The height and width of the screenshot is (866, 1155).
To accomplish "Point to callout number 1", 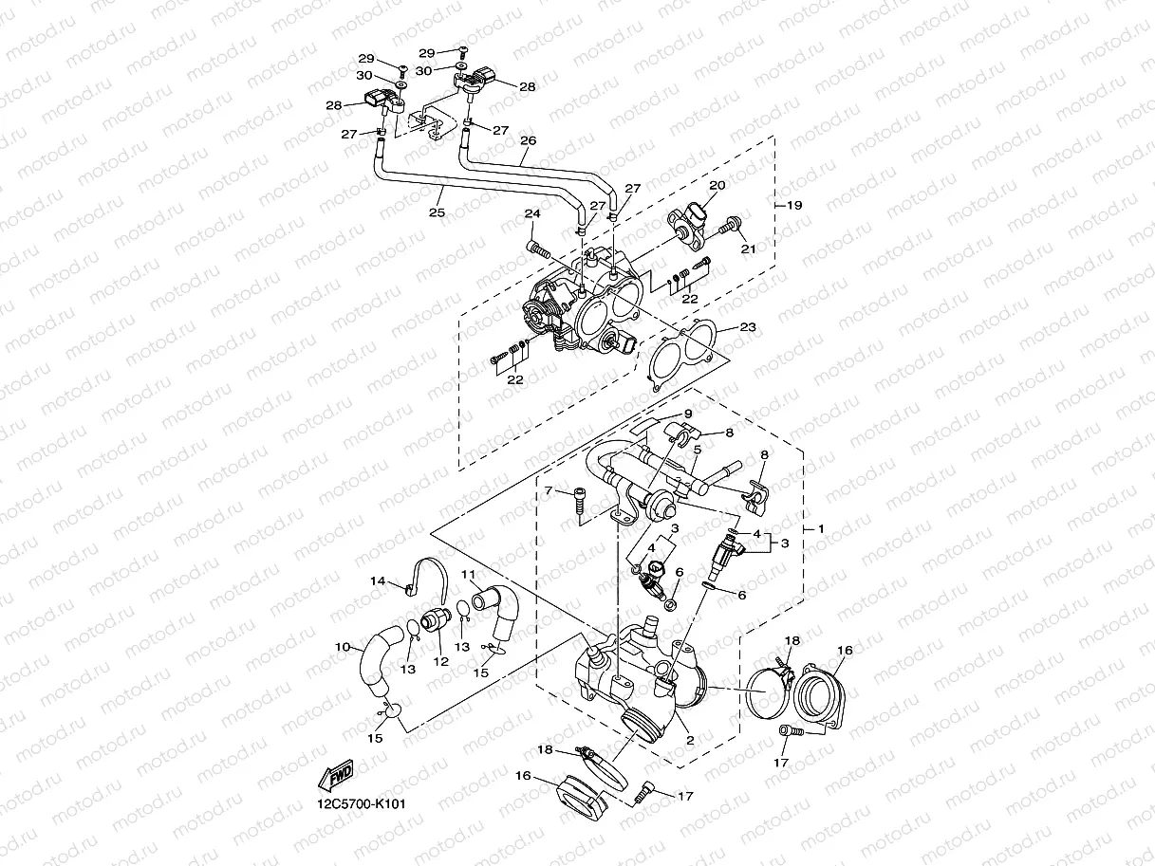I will coord(821,527).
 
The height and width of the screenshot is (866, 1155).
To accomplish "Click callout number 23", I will coord(748,327).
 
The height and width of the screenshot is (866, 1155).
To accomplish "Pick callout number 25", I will coord(437,214).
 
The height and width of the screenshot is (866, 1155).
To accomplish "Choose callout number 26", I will coord(528,140).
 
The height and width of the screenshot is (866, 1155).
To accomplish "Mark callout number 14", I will coord(377,580).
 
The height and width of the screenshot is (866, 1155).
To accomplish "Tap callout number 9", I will coord(689,414).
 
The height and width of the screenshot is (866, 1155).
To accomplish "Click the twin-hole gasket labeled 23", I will coord(681,355).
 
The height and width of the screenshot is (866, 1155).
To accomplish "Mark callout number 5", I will coord(697,449).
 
